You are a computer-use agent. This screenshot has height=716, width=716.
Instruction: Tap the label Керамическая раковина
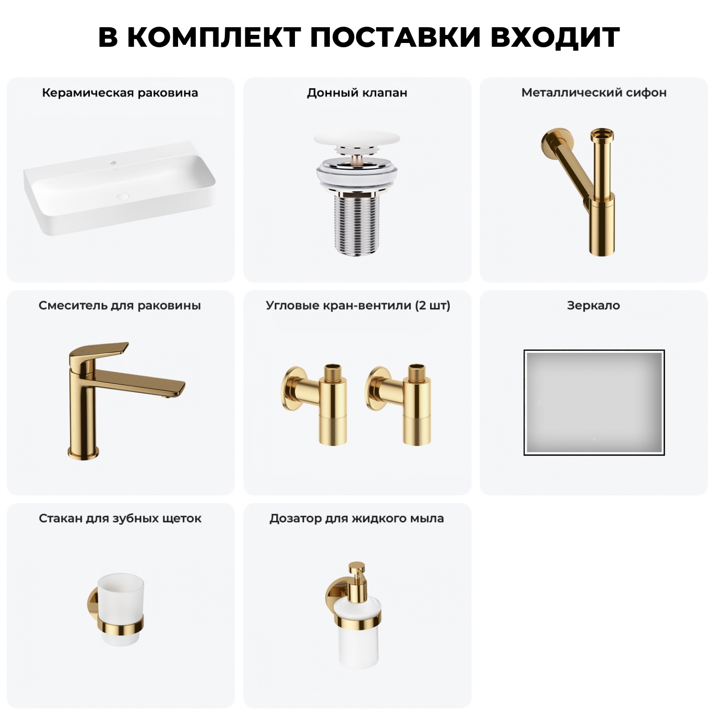pyautogui.click(x=120, y=93)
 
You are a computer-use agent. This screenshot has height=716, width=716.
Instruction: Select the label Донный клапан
pyautogui.click(x=357, y=93)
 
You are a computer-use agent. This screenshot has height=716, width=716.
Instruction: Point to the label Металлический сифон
pyautogui.click(x=594, y=93)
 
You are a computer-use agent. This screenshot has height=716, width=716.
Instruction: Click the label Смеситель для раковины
pyautogui.click(x=120, y=305)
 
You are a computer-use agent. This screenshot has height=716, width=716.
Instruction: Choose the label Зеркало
pyautogui.click(x=593, y=305)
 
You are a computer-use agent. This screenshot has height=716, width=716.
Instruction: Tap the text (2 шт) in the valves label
pyautogui.click(x=432, y=305)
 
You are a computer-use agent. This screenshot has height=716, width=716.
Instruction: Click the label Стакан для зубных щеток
pyautogui.click(x=120, y=518)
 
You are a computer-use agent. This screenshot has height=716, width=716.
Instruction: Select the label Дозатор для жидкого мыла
pyautogui.click(x=357, y=518)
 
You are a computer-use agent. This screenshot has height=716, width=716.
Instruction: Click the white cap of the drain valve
pyautogui.click(x=357, y=139)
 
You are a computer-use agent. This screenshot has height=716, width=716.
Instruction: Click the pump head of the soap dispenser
pyautogui.click(x=357, y=570)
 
